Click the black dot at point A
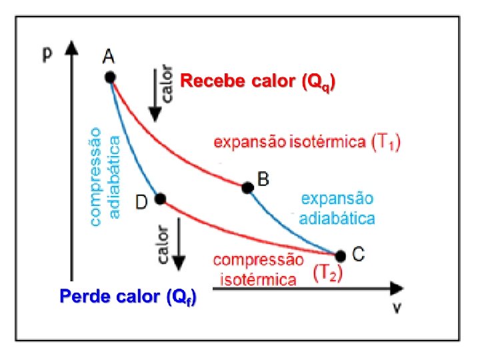tap(110, 77)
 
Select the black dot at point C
tap(340, 255)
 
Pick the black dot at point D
tap(159, 199)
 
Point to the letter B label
tap(263, 178)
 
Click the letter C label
tap(358, 253)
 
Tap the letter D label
tap(141, 201)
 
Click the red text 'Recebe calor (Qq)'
tap(258, 82)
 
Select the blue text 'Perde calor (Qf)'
tap(128, 297)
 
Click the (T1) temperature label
tap(385, 142)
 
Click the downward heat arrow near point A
tap(155, 100)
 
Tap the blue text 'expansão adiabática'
tap(337, 208)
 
